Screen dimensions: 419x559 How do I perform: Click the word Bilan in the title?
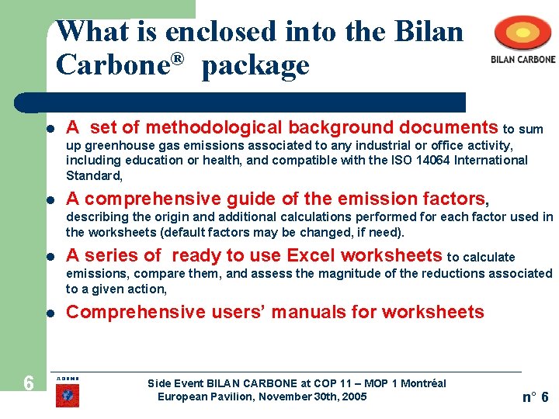(x=429, y=32)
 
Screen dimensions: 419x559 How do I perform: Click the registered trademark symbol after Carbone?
(x=178, y=59)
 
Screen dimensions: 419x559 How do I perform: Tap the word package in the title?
(x=255, y=66)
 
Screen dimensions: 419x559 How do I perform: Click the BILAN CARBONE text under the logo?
(x=523, y=59)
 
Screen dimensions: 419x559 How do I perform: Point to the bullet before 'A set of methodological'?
(x=48, y=128)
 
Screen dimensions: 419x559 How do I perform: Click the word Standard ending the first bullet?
(x=92, y=175)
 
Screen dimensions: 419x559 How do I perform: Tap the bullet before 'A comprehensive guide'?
(x=48, y=199)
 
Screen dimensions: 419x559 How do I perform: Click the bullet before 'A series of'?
(x=48, y=256)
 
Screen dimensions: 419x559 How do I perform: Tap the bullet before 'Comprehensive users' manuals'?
(x=48, y=313)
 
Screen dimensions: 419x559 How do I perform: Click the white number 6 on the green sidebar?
(x=28, y=383)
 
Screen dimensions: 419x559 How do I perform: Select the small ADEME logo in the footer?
(x=67, y=392)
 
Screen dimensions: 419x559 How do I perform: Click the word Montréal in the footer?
(x=423, y=383)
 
